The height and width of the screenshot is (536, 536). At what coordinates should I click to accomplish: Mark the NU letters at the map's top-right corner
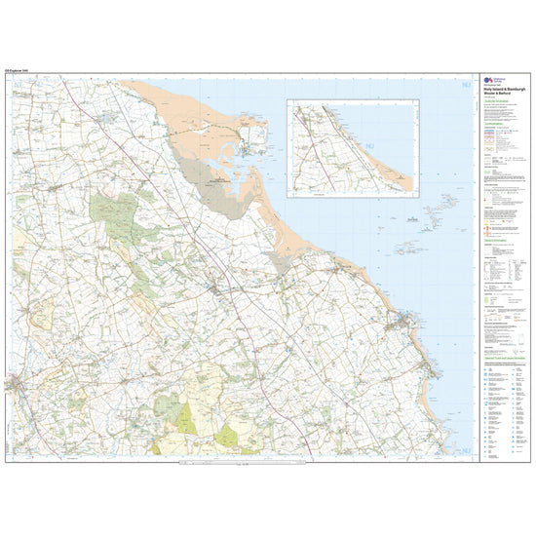click(x=461, y=89)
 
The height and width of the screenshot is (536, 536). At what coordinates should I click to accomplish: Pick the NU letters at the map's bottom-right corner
click(x=461, y=449)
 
